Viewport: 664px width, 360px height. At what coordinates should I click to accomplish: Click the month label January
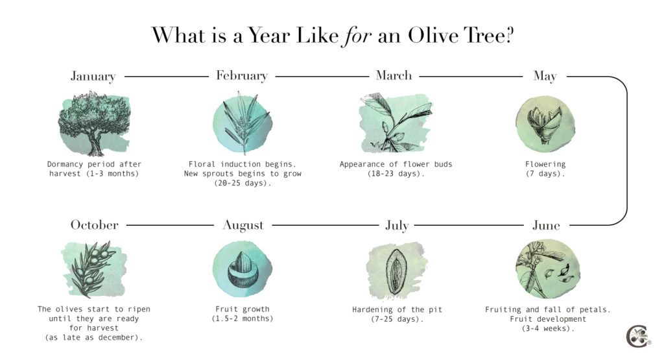coord(93,77)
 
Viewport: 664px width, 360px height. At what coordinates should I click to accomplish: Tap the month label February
coord(241,76)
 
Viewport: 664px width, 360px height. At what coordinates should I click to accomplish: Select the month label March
coord(394,75)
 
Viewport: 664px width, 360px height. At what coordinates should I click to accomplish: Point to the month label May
coord(545,77)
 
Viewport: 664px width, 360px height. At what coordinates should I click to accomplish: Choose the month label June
coord(546,226)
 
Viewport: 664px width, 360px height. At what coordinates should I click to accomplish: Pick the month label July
coord(396,226)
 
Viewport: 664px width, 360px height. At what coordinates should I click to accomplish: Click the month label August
coord(243,226)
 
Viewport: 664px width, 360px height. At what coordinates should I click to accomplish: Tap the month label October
coord(95,225)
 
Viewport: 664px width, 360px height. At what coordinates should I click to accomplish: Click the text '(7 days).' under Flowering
coord(545,174)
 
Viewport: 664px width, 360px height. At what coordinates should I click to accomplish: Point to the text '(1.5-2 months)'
coord(243,319)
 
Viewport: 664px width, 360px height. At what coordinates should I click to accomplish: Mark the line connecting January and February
coord(166,77)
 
